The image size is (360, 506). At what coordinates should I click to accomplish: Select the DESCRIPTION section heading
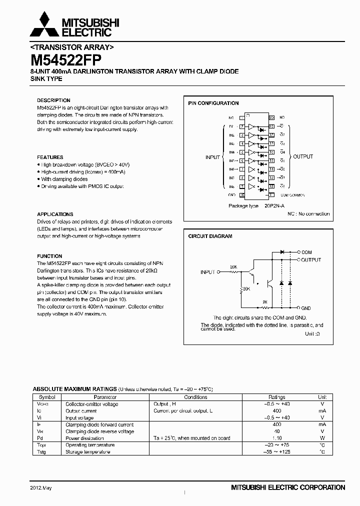pos(53,100)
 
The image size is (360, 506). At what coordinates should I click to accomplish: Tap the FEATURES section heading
pos(50,157)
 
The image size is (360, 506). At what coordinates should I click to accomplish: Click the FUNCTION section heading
pos(49,256)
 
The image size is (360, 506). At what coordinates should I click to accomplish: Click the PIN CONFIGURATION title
pos(213,103)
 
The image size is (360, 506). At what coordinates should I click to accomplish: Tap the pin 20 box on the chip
pos(271,117)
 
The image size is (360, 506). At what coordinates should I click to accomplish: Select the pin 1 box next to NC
pos(242,117)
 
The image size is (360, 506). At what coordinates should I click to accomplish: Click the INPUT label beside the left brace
pos(212,157)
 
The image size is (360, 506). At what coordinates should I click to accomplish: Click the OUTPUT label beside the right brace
pos(302,156)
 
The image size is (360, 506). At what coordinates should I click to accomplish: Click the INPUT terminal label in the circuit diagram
pos(207,272)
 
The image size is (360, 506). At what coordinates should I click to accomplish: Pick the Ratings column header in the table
pos(276,397)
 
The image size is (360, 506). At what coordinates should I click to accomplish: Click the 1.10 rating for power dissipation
pos(276,438)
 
